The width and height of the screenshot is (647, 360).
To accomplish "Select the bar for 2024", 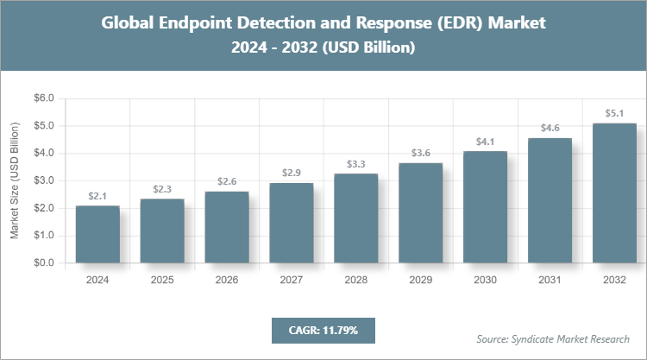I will (x=97, y=234).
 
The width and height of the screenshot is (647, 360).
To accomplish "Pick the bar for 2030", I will (x=486, y=206).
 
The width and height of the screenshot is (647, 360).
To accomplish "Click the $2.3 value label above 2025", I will (x=162, y=188).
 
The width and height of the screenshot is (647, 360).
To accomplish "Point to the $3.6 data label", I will (x=421, y=153).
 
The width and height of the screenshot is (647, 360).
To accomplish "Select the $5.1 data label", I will (x=614, y=112).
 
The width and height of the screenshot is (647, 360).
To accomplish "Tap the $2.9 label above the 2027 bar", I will (x=292, y=173).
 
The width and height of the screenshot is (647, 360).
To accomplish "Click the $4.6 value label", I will (x=550, y=128).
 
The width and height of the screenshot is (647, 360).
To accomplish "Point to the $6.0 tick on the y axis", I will (x=43, y=98).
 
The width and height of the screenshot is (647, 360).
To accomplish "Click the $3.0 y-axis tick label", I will (x=43, y=180).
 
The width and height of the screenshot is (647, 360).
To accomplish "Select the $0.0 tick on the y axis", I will (x=43, y=262).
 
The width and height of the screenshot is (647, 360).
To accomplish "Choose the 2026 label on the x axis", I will (x=227, y=280).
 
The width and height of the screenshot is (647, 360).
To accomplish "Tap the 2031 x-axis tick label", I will (x=550, y=280).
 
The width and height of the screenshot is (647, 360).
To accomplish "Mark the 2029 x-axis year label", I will (x=421, y=280).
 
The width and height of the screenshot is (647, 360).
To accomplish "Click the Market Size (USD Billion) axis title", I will (x=15, y=180).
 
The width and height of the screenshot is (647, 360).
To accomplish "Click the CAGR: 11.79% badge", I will (x=323, y=330).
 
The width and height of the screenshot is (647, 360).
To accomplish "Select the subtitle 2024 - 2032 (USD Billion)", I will (x=323, y=48).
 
